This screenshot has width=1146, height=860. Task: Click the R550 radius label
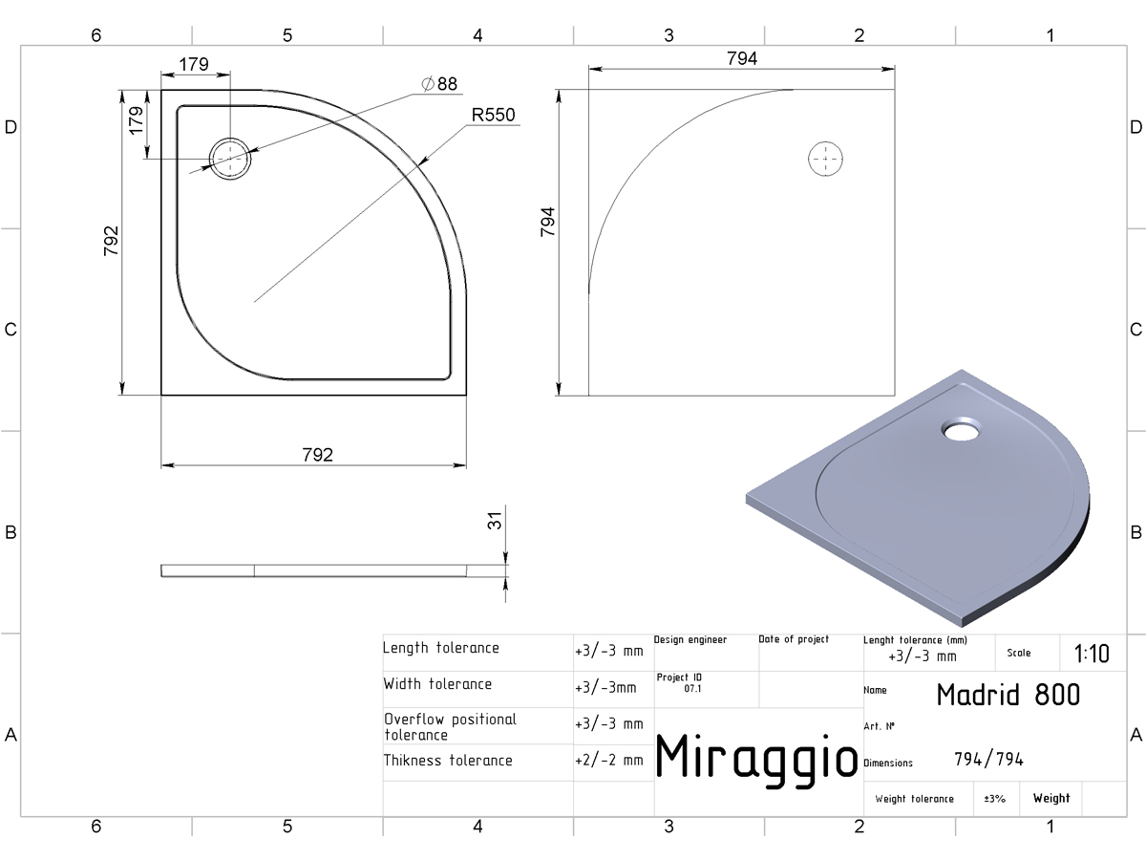tap(493, 115)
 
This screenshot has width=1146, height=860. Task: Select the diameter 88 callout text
tap(439, 83)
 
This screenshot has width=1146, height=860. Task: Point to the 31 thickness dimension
tap(494, 521)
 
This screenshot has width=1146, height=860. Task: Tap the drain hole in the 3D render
tap(961, 429)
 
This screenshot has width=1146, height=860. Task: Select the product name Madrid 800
tap(1008, 695)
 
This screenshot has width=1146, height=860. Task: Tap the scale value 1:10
tap(1091, 654)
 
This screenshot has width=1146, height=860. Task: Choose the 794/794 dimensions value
tap(988, 760)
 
